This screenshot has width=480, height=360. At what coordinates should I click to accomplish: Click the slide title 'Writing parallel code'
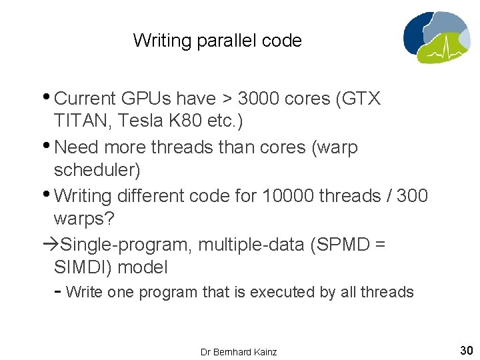[217, 41]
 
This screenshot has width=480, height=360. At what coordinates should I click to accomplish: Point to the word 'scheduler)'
[97, 170]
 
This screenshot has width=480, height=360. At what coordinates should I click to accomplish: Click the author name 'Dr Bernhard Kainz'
[239, 351]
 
